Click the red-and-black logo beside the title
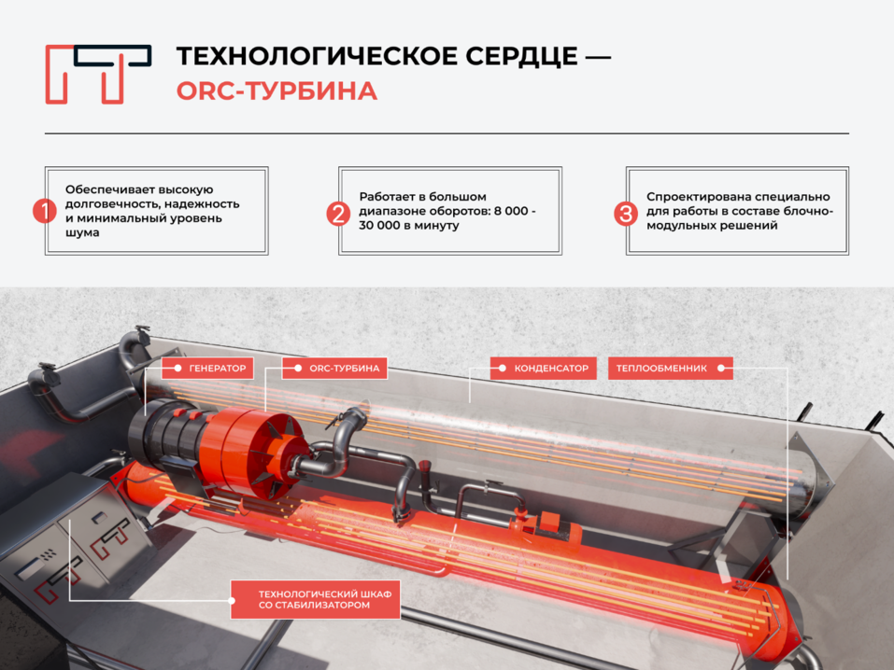[x=98, y=74]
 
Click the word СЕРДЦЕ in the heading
[x=521, y=56]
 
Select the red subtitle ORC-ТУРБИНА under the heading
[x=277, y=91]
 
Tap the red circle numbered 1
[x=45, y=211]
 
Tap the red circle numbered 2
[x=338, y=214]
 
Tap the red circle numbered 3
[x=626, y=214]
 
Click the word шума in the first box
[x=82, y=233]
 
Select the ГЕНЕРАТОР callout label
[x=207, y=369]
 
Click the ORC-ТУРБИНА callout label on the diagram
[x=334, y=369]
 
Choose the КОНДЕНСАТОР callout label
[x=544, y=369]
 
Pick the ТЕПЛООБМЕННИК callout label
[x=671, y=369]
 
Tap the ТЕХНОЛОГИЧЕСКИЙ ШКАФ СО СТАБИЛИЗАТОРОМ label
[x=316, y=599]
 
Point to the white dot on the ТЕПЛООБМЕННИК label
[x=720, y=369]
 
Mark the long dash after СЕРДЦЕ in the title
[x=599, y=57]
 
